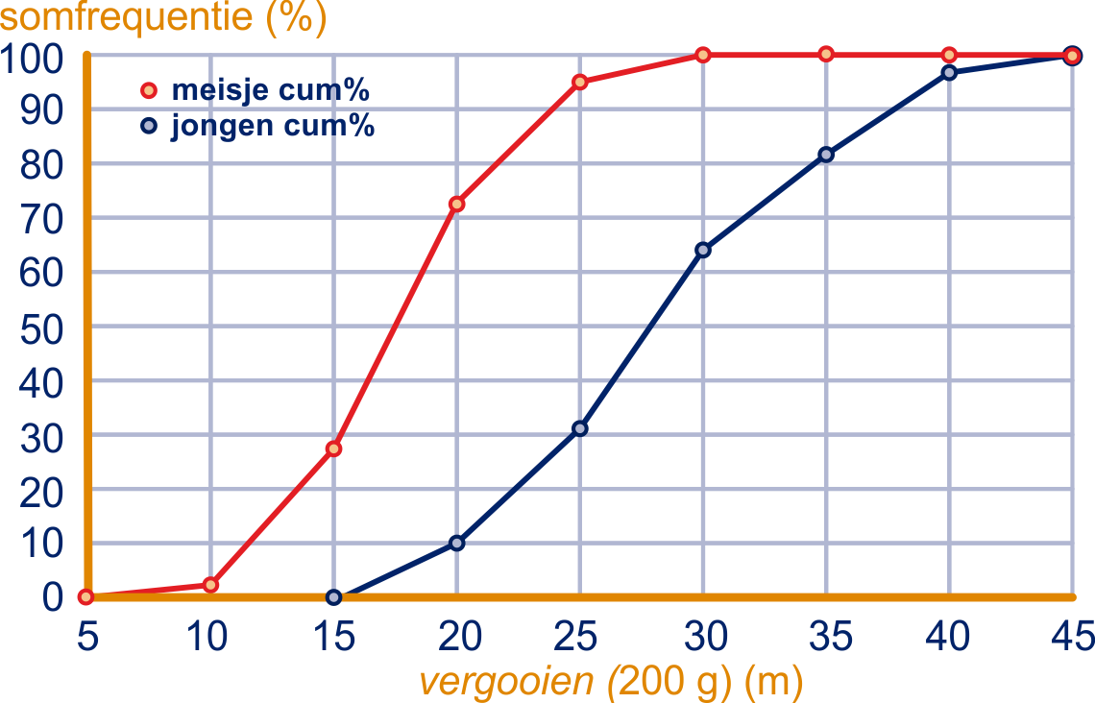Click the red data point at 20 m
pos(456,204)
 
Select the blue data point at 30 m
pos(702,250)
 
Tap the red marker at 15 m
pos(333,448)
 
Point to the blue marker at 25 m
pos(579,427)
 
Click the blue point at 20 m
pos(456,543)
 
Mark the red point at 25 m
pos(579,82)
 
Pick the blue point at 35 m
pos(826,155)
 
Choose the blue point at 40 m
pos(949,72)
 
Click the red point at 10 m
pos(210,585)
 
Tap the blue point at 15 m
pos(333,597)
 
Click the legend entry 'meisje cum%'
pos(270,91)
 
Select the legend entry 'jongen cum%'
pos(272,126)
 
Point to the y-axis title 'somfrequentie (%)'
pos(163,18)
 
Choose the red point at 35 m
pos(826,54)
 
